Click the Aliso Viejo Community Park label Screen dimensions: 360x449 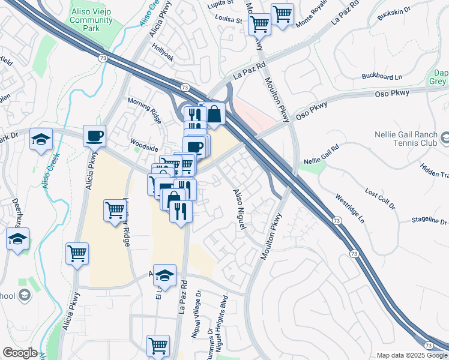pyautogui.click(x=91, y=20)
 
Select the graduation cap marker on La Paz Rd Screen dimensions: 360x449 pyautogui.click(x=164, y=275)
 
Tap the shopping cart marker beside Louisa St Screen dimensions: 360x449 pyautogui.click(x=259, y=24)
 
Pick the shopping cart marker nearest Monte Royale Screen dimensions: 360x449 pyautogui.click(x=282, y=14)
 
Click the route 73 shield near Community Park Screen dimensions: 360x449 pyautogui.click(x=103, y=58)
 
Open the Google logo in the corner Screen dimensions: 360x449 pyautogui.click(x=19, y=353)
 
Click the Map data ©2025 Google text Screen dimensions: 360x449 pyautogui.click(x=411, y=355)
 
